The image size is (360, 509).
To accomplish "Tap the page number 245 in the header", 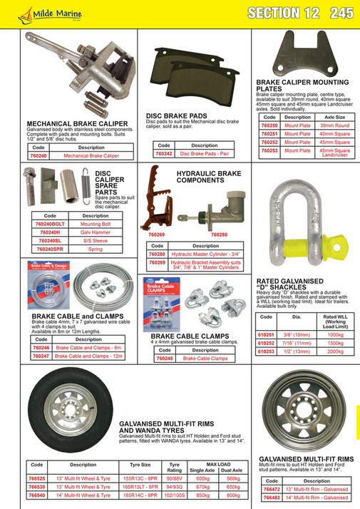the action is [341, 12].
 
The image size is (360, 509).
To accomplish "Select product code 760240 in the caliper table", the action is [38, 155].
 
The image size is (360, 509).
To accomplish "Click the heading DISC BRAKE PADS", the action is [176, 114].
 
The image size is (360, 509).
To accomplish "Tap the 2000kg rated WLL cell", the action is [334, 351].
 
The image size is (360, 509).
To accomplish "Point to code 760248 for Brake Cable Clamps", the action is [164, 359].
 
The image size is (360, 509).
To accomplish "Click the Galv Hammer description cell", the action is [95, 232].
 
